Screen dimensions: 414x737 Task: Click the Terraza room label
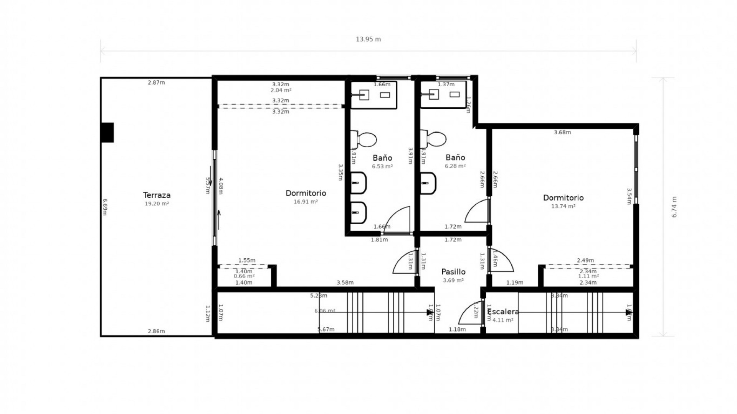[157, 195]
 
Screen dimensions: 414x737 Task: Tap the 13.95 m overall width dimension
[368, 39]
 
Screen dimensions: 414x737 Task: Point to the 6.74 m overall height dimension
[674, 207]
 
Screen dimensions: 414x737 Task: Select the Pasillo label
[453, 272]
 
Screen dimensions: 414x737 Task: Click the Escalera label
[503, 312]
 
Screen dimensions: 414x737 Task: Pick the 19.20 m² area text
[157, 204]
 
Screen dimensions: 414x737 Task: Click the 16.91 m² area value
[306, 202]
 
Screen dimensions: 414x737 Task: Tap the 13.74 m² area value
[563, 206]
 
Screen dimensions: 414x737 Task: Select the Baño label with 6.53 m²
[382, 158]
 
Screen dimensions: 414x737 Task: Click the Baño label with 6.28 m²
[455, 158]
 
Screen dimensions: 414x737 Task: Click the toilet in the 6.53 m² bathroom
[364, 140]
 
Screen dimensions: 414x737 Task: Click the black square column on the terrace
[107, 133]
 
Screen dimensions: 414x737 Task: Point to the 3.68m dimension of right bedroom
[562, 133]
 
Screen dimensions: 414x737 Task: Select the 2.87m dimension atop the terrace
[156, 82]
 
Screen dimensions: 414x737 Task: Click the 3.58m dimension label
[345, 283]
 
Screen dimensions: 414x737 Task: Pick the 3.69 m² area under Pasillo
[453, 280]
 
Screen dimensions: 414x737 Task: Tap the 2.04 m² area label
[281, 90]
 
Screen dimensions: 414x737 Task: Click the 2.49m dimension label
[585, 261]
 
